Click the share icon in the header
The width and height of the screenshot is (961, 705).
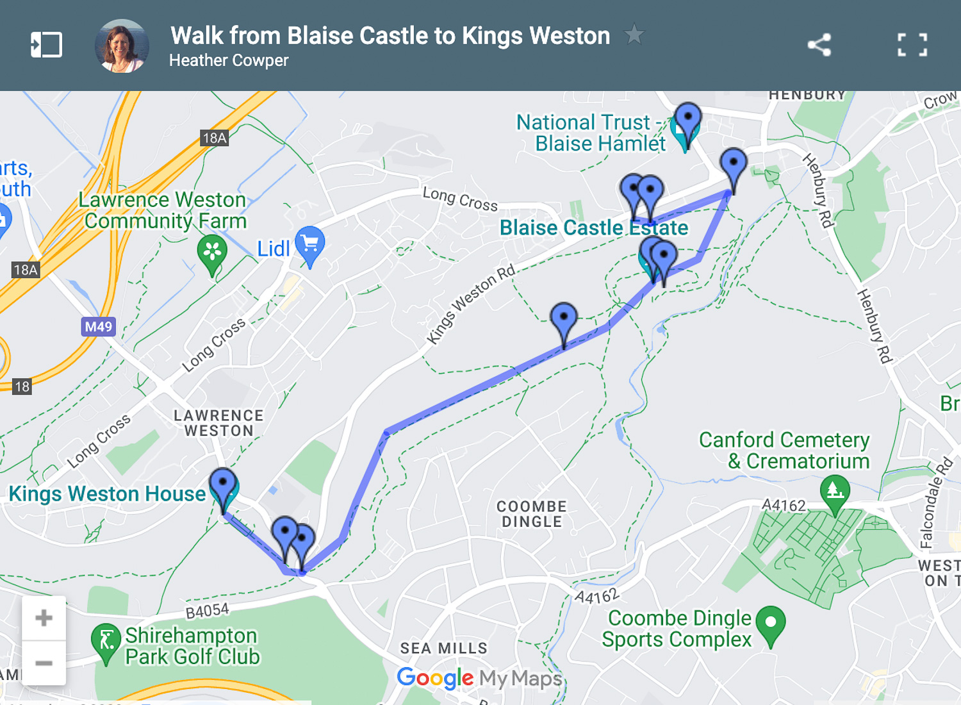819,45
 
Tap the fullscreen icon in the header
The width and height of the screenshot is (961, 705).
912,45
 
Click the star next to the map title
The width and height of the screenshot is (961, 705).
634,34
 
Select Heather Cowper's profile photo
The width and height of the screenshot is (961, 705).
122,46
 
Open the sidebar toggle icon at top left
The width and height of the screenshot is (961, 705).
47,45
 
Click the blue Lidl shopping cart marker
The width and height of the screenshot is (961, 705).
310,245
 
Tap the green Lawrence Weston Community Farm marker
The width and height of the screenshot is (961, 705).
212,253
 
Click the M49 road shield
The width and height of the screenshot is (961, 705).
99,327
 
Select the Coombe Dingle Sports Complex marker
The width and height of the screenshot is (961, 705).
771,624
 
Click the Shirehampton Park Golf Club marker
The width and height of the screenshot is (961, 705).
106,642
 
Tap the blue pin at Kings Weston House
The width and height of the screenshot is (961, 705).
223,487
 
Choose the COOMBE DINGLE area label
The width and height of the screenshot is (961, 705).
532,514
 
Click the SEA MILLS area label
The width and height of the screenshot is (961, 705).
444,649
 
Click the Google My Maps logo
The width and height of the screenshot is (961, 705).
479,678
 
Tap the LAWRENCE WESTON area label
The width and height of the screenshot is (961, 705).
218,423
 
